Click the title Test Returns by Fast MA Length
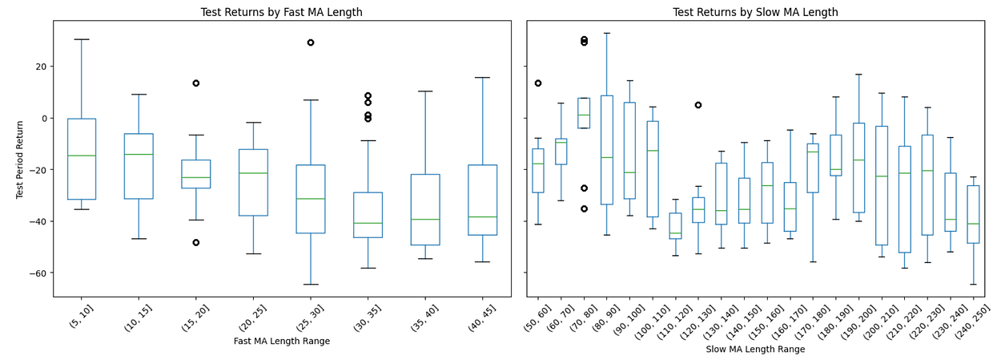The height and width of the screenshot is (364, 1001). click(282, 12)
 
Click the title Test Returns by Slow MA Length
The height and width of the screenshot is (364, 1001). click(755, 12)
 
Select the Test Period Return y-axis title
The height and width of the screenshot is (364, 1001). click(20, 160)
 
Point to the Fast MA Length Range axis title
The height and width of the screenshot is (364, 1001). click(282, 341)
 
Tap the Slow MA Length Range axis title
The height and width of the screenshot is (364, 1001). click(755, 349)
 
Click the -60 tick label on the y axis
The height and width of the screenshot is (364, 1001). click(37, 273)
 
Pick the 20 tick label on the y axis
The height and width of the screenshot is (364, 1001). click(42, 67)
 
